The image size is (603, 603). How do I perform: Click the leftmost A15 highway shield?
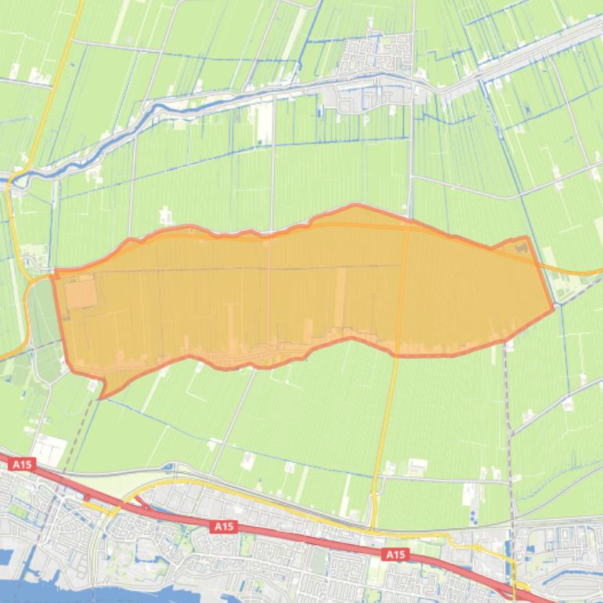click(23, 464)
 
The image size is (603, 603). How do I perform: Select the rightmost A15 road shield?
click(396, 554)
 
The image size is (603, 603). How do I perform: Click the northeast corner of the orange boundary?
click(526, 237)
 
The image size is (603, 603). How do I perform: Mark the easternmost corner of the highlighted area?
click(553, 308)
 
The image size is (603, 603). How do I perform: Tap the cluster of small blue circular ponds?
click(475, 513)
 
